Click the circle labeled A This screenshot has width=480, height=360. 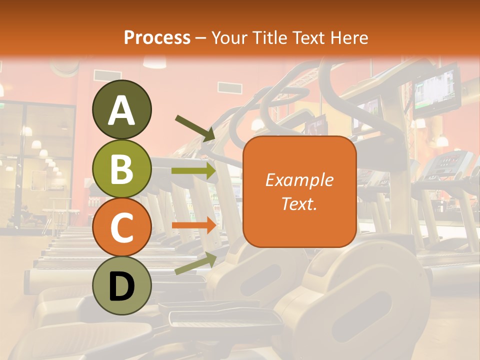click(121, 109)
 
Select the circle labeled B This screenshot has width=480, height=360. click(121, 168)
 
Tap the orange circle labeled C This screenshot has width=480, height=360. click(121, 227)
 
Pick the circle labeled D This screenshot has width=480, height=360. click(121, 286)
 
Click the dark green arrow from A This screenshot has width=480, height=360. click(195, 128)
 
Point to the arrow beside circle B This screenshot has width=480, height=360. click(194, 171)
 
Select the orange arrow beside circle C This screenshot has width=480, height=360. click(194, 225)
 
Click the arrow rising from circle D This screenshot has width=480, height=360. click(195, 264)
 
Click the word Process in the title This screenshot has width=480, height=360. click(157, 37)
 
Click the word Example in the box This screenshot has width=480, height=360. click(299, 180)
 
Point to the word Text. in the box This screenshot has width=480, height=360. click(299, 203)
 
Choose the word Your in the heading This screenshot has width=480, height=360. click(230, 37)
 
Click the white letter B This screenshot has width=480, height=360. click(121, 168)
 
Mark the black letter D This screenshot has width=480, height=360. click(121, 286)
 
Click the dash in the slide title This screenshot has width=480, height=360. click(201, 38)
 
